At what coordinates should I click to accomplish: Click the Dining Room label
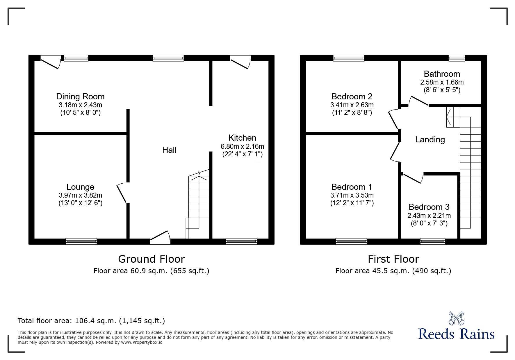pos(80,96)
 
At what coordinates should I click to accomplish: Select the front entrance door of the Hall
pos(160,237)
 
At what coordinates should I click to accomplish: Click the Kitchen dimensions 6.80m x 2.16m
pos(242,146)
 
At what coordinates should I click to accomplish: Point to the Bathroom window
pos(457,58)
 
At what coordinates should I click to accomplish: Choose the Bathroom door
pos(418,101)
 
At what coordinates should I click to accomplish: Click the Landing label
pos(430,140)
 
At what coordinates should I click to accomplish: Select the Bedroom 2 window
pos(349,58)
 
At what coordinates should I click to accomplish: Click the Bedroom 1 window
pos(351,241)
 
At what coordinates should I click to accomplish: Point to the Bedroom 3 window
pos(432,241)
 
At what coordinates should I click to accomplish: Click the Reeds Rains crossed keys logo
pos(456,318)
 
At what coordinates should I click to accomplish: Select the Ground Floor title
pos(151,259)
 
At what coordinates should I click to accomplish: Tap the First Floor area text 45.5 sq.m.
pos(393,271)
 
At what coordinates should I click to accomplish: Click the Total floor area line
pos(91,321)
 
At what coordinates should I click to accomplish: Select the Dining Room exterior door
pos(51,62)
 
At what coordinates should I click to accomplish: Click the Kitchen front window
pos(241,241)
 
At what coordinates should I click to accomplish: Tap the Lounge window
pos(81,241)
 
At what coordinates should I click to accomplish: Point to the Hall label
pos(169,150)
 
